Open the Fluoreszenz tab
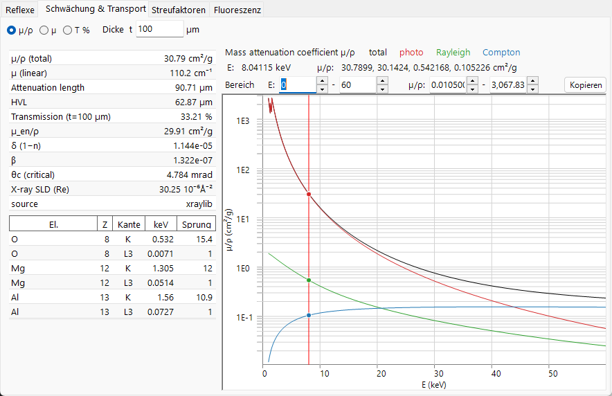(237, 10)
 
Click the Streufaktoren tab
(179, 10)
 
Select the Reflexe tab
(20, 10)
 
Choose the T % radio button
(68, 30)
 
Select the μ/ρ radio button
(12, 30)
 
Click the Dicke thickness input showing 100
(159, 29)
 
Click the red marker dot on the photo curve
(309, 194)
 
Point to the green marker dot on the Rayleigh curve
(309, 280)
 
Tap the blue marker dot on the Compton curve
(309, 315)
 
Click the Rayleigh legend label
(453, 53)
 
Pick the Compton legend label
(501, 53)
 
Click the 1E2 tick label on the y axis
(243, 170)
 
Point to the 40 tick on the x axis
(496, 374)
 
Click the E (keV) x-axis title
(433, 385)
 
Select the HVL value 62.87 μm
(194, 102)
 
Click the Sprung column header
(197, 224)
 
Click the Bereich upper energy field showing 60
(358, 84)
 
